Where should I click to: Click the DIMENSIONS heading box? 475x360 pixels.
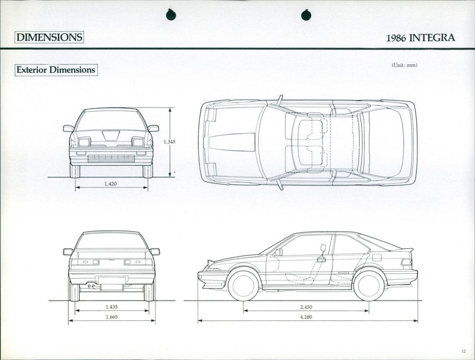click(49, 37)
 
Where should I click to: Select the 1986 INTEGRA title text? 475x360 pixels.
click(420, 37)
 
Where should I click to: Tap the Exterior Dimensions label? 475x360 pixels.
click(56, 70)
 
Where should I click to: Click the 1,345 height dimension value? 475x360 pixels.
click(169, 142)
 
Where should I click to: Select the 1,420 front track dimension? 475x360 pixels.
click(110, 184)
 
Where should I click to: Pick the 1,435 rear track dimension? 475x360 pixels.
click(111, 307)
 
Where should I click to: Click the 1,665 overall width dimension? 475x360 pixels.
click(111, 318)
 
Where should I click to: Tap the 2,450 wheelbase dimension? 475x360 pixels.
click(306, 307)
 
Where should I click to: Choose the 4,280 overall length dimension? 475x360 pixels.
click(306, 318)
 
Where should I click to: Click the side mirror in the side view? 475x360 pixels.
click(278, 252)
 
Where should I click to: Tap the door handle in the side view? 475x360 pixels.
click(321, 259)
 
